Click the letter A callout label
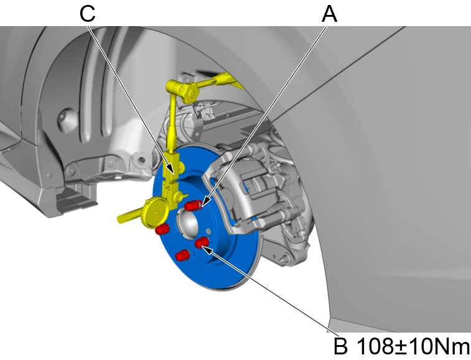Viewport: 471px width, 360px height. coord(329,14)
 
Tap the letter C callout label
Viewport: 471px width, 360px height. coord(88,14)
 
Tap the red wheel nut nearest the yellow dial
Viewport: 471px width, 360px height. coord(162,229)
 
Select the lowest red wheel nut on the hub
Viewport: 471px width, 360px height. coord(182,255)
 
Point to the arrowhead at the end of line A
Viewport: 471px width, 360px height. coord(202,204)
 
